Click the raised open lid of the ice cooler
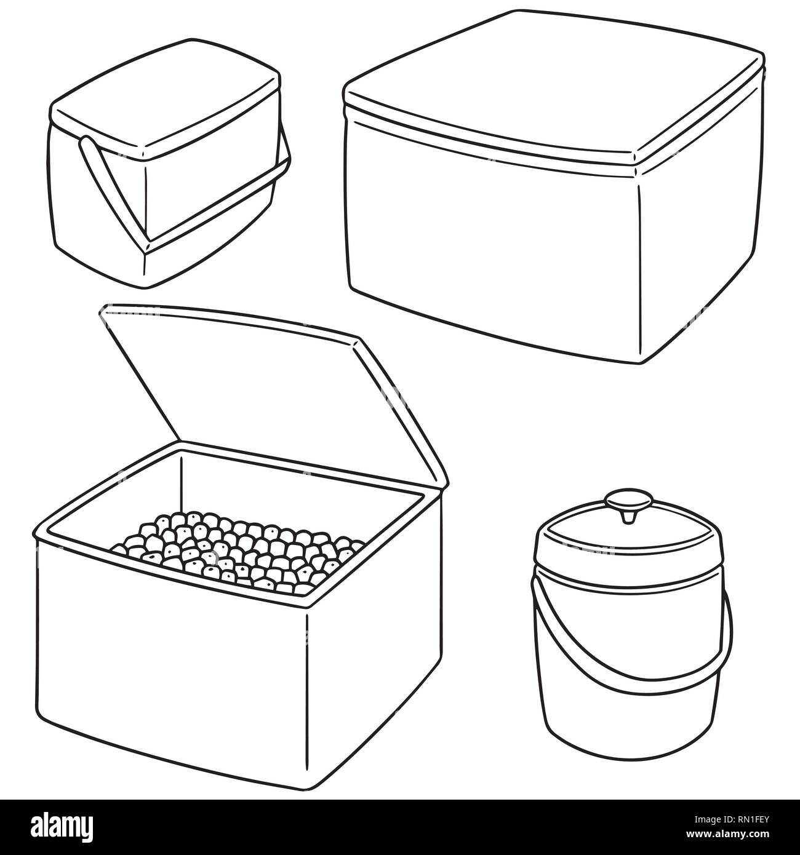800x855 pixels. [x=258, y=381]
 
